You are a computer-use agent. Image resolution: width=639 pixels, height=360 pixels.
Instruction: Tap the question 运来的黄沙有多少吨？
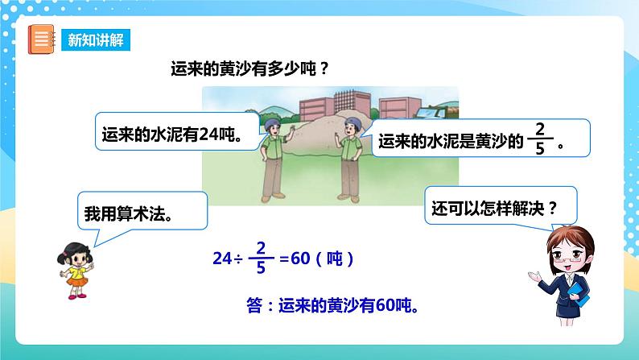(249, 68)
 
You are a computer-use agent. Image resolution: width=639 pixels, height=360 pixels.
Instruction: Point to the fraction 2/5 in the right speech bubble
(539, 139)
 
